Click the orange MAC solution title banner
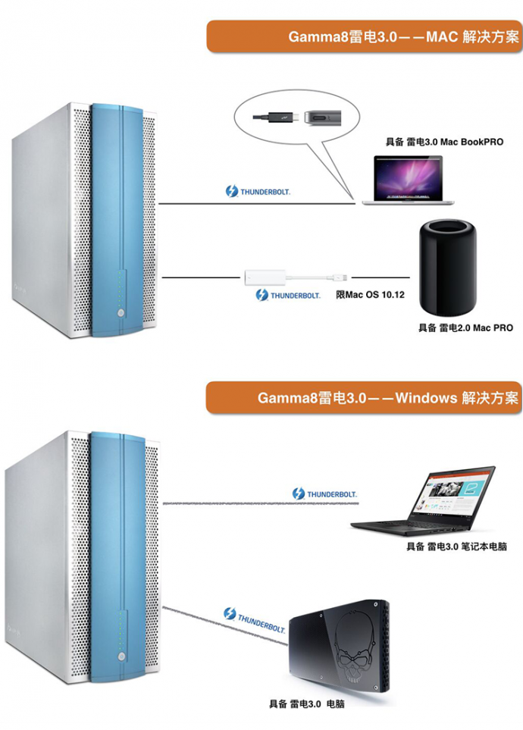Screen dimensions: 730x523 pos(364,36)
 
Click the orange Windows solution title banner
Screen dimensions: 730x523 pos(364,397)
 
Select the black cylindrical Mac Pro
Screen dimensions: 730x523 pos(449,268)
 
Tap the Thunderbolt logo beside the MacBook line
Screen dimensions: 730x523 pos(258,192)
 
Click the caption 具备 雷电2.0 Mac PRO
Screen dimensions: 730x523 pos(465,327)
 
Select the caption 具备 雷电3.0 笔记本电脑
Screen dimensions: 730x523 pos(456,546)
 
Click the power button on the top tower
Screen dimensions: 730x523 pos(120,310)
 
